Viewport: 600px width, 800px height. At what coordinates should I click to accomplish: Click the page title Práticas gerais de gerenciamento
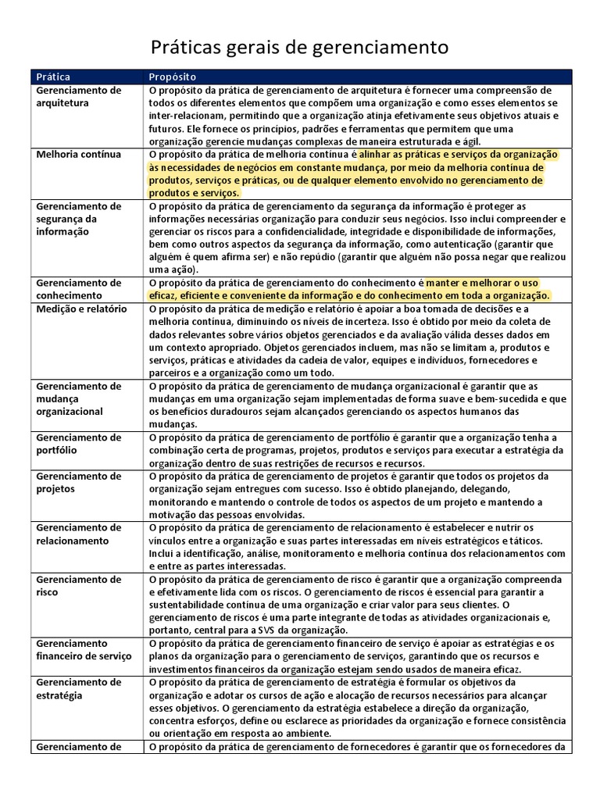(x=299, y=48)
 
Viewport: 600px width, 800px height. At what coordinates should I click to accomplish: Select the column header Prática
(x=53, y=77)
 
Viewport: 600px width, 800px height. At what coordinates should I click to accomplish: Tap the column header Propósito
(x=173, y=77)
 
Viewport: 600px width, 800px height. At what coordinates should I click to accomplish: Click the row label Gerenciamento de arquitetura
(x=78, y=96)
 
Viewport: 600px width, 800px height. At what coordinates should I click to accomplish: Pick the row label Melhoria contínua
(x=78, y=155)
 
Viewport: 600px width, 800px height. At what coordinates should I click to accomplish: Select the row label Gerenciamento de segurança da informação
(x=78, y=219)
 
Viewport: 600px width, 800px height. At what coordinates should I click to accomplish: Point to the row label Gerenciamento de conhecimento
(x=78, y=289)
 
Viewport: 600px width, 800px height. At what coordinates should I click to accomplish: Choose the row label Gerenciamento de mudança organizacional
(x=78, y=398)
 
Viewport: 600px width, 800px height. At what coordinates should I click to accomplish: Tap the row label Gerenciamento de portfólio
(x=78, y=444)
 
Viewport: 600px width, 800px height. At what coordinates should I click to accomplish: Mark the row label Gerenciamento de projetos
(x=78, y=482)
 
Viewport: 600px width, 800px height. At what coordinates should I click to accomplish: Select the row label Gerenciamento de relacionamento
(x=78, y=534)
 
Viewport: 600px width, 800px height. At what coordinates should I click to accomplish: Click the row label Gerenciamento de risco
(x=78, y=586)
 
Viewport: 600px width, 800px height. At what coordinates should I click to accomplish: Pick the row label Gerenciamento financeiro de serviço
(x=83, y=649)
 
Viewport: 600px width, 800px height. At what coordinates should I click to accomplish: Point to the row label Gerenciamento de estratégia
(x=78, y=688)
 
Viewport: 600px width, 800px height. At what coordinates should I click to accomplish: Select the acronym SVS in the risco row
(x=277, y=630)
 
